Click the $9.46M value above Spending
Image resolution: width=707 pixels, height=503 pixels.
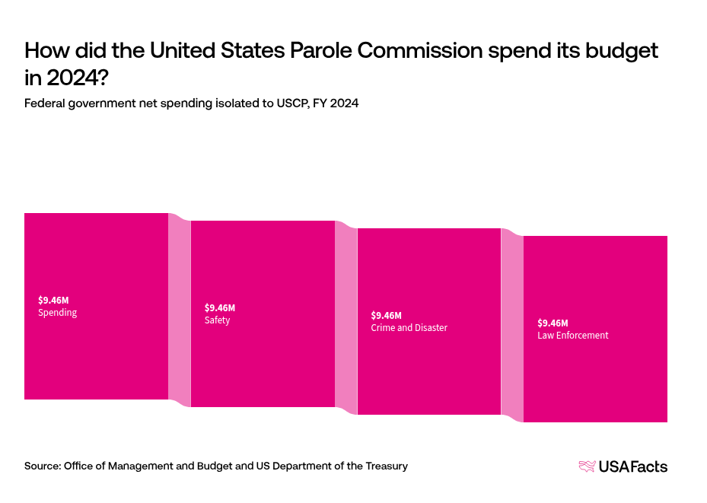pos(53,300)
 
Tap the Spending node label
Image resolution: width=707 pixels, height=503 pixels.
pos(57,313)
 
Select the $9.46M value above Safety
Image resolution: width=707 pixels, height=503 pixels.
pos(220,307)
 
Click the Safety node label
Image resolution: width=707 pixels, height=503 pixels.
pos(217,320)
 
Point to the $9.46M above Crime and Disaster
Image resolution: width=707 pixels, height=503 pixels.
pos(386,315)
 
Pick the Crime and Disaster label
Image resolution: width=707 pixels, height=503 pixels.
pos(409,328)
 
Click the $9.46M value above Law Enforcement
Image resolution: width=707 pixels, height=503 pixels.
pos(553,323)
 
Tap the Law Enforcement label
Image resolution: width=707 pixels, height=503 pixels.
pos(572,336)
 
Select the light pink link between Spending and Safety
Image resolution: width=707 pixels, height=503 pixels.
pos(179,310)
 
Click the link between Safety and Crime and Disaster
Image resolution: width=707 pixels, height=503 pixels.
pos(346,318)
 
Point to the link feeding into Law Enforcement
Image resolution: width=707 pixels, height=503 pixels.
pos(511,326)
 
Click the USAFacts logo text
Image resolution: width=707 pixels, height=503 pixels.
pos(633,466)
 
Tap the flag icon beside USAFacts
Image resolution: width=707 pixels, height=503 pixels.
pos(587,466)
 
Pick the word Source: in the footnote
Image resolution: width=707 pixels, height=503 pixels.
pos(42,466)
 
